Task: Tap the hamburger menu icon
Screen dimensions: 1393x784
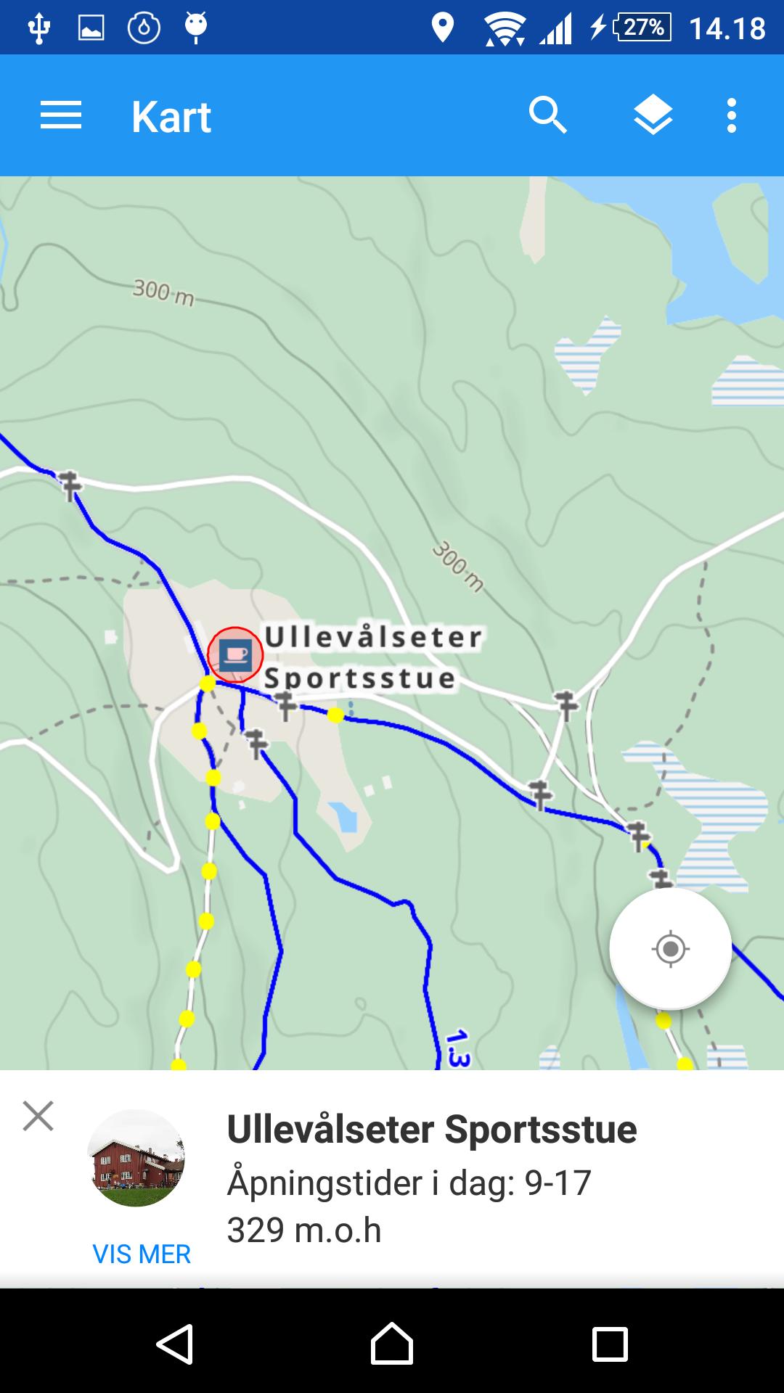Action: click(x=61, y=116)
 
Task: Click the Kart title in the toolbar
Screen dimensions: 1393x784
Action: click(x=171, y=117)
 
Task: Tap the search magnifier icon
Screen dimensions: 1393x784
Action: click(x=547, y=116)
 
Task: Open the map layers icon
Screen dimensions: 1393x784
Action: click(x=653, y=116)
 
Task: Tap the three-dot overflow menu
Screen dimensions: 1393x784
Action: click(x=732, y=116)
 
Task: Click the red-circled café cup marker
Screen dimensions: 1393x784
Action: click(x=235, y=655)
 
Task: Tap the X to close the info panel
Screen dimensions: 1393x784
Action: click(x=38, y=1116)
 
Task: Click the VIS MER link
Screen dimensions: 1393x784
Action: click(x=142, y=1254)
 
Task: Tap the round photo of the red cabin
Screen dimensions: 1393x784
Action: click(x=136, y=1158)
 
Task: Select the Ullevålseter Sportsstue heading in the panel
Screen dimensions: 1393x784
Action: click(x=432, y=1130)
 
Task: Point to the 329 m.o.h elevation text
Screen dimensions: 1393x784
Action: click(x=304, y=1230)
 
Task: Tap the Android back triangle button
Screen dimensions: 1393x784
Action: click(x=174, y=1344)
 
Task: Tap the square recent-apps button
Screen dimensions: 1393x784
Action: click(x=610, y=1344)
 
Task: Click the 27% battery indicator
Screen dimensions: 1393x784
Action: click(x=642, y=28)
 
